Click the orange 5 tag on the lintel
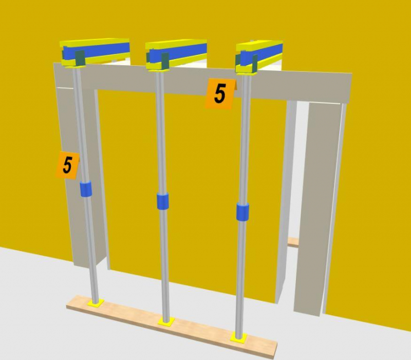click(220, 94)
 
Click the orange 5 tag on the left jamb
click(68, 165)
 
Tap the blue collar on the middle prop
click(162, 201)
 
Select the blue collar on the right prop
click(242, 212)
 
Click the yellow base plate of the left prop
click(96, 303)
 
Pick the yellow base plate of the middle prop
click(166, 322)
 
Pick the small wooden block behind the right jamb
click(293, 241)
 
